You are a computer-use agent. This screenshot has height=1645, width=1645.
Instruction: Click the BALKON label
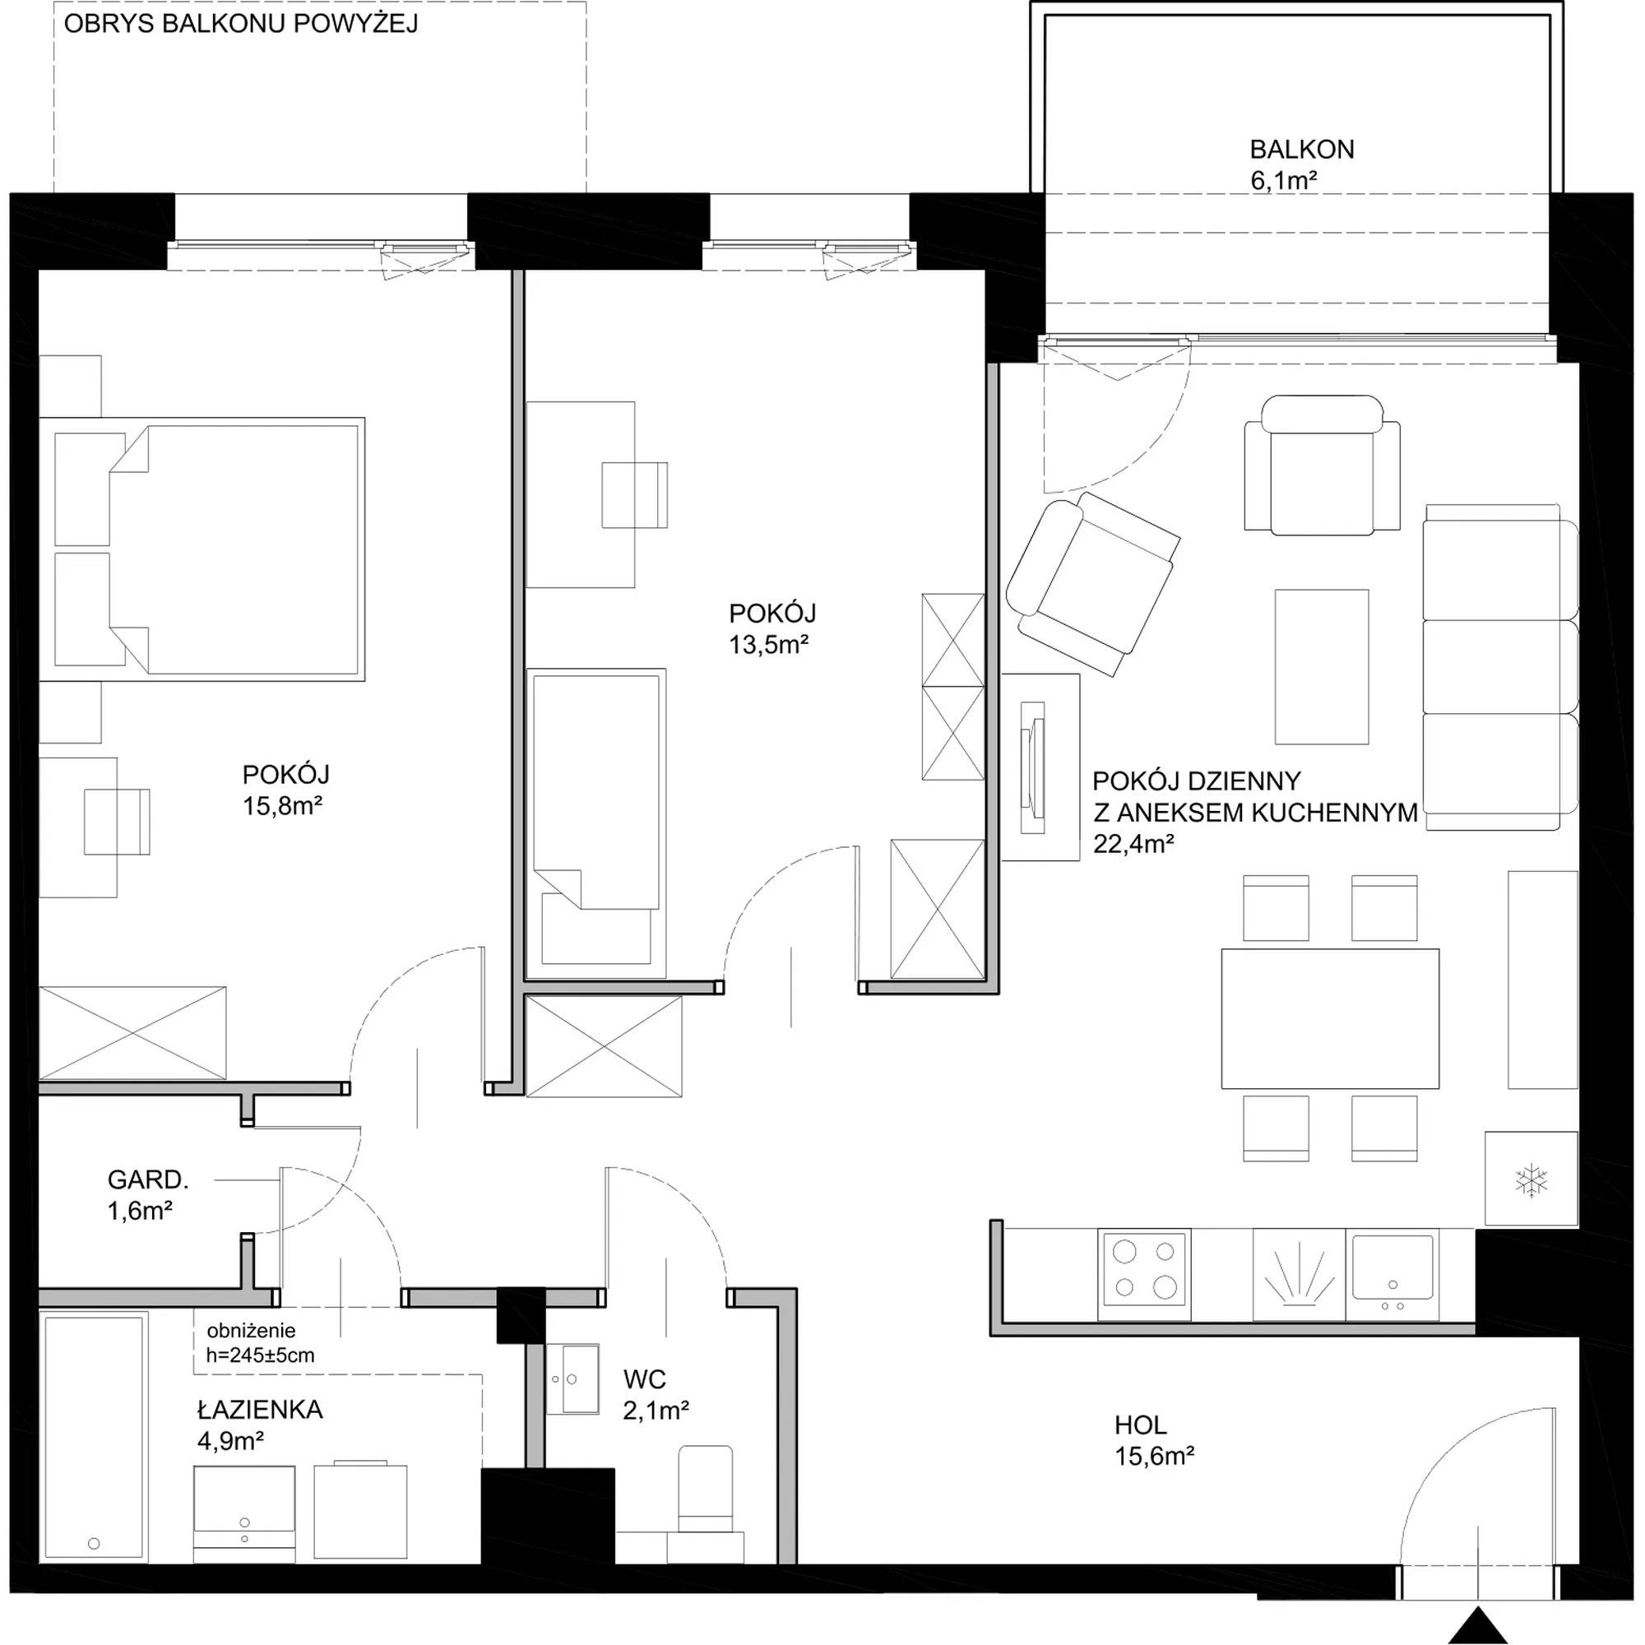pos(1301,150)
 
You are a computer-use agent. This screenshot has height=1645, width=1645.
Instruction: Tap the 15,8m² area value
pos(283,805)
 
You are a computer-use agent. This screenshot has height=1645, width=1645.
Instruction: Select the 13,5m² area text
pos(768,645)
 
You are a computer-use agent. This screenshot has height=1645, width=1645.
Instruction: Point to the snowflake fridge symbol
pos(1531,1182)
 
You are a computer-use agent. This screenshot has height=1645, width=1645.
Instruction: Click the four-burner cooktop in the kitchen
pos(1144,1274)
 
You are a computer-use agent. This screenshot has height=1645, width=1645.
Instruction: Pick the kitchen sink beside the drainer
pos(1393,1274)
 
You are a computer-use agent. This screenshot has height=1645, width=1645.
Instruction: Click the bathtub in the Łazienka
pos(94,1438)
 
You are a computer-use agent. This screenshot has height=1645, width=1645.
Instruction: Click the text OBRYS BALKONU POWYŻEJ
pos(241,24)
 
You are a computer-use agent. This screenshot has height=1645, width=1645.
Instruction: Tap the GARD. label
pos(148,1179)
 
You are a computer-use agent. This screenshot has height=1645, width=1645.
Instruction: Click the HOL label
pos(1141,1425)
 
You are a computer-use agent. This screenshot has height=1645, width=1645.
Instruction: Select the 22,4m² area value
pos(1134,843)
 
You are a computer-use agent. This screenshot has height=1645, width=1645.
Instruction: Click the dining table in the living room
pos(1330,1018)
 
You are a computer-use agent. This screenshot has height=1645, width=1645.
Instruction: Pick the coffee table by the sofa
pos(1322,667)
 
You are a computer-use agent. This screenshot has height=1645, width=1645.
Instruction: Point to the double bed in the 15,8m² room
pos(202,549)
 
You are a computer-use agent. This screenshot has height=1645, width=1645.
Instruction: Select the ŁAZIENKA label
pos(260,1410)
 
